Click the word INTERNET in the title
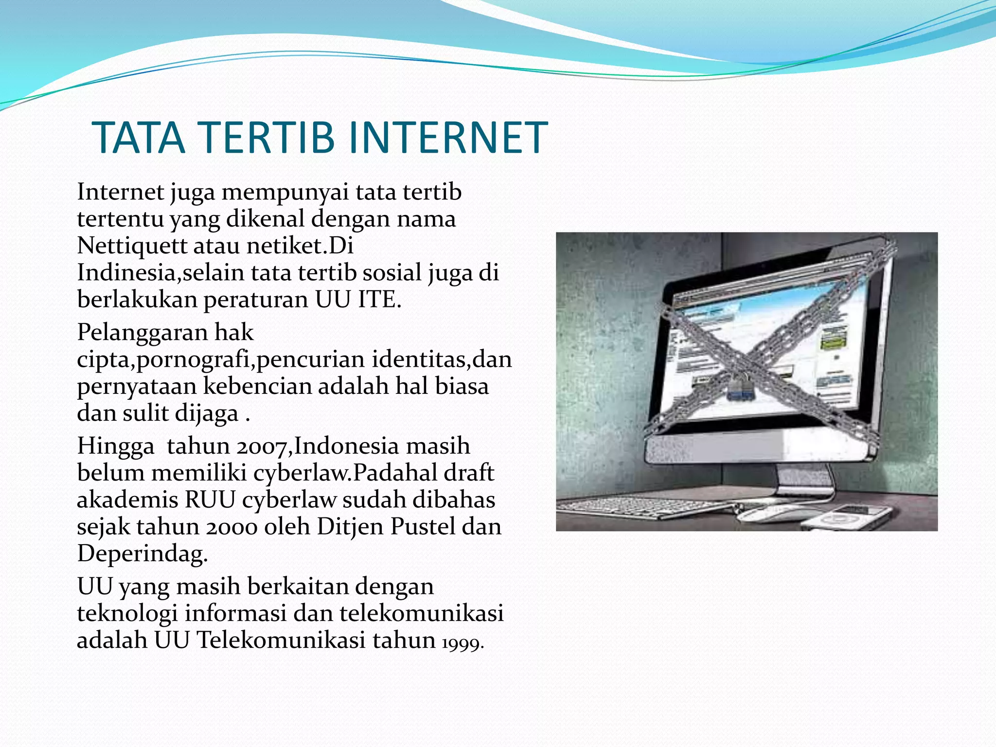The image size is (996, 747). coord(448,138)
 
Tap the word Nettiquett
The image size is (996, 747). coord(132,246)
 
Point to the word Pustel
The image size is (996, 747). coord(423,527)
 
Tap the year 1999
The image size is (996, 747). coord(462,643)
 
